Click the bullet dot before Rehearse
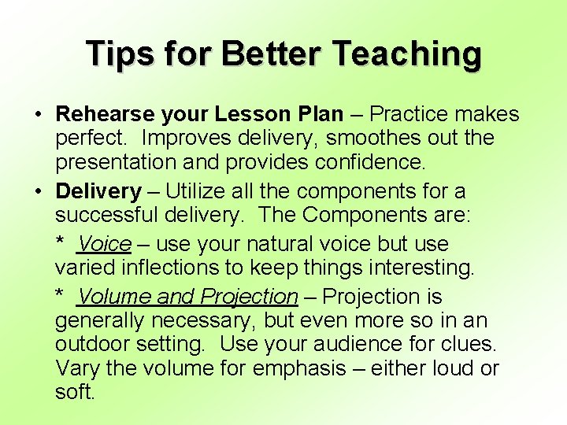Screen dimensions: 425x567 pos(38,115)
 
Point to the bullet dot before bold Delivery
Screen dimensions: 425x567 pos(38,191)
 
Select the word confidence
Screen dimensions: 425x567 pos(365,163)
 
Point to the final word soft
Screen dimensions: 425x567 pos(75,392)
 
